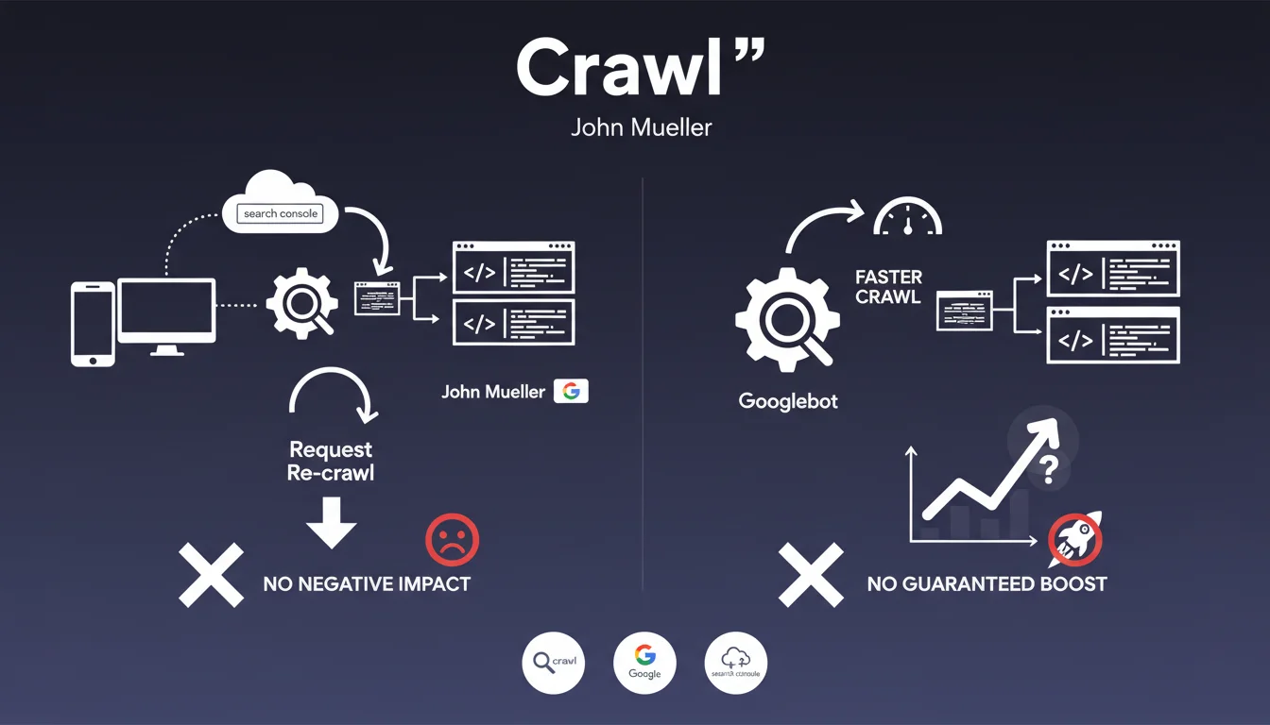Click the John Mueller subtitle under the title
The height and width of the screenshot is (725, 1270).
pos(641,126)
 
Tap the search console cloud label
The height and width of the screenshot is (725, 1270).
pos(281,213)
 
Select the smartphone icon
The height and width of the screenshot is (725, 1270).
pos(93,324)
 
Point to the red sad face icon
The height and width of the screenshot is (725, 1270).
pos(453,540)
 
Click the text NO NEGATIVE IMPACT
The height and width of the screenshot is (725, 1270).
pos(367,583)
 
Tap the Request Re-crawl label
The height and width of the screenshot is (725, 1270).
pos(331,461)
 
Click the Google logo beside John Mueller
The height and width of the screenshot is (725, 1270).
pos(571,391)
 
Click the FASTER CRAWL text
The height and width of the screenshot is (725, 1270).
pos(887,287)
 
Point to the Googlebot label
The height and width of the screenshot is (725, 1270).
pos(788,401)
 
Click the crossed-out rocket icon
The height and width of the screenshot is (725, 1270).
pos(1075,540)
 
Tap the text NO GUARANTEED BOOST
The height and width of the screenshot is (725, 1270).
pos(987,583)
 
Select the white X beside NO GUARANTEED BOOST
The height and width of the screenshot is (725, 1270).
pos(810,574)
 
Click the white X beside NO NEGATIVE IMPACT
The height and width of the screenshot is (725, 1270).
pos(211,574)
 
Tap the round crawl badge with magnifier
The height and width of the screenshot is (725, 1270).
pos(554,663)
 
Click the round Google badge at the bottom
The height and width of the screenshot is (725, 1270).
pos(644,663)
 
